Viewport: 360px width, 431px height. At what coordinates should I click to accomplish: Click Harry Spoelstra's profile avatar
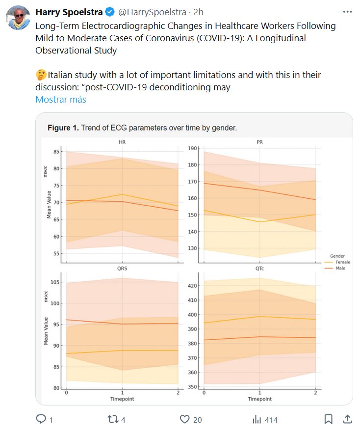[x=18, y=18]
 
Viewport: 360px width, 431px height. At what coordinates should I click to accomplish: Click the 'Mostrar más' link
[x=60, y=100]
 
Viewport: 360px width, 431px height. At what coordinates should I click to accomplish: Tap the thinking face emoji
[x=41, y=75]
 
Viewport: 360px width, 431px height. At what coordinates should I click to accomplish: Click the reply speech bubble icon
[x=42, y=419]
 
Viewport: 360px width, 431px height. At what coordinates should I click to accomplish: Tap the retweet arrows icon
[x=113, y=419]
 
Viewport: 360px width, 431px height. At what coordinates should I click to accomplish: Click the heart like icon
[x=184, y=419]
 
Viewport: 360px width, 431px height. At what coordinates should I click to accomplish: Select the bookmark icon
[x=328, y=419]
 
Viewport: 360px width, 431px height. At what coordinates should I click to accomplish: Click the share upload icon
[x=347, y=419]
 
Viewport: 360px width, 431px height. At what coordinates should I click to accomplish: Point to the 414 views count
[x=271, y=420]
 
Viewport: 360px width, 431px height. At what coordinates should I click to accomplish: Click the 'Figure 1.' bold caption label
[x=62, y=128]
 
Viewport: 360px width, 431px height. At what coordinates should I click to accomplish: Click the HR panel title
[x=122, y=143]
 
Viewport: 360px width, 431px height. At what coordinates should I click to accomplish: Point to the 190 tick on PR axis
[x=192, y=148]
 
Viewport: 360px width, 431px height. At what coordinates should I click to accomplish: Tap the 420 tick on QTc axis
[x=192, y=286]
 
